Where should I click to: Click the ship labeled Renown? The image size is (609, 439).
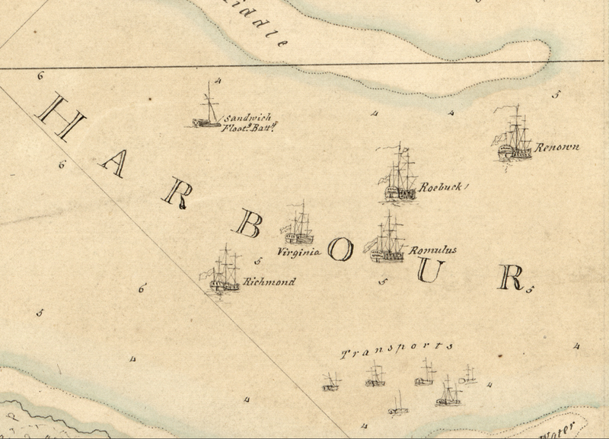(515, 137)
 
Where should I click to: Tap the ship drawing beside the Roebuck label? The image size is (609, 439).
(400, 177)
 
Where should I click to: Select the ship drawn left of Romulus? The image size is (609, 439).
(387, 240)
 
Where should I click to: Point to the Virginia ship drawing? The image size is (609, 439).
(298, 226)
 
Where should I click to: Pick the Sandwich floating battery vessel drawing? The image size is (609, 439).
(207, 110)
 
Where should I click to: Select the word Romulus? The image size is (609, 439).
(432, 250)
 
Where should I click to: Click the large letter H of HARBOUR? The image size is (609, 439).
(60, 117)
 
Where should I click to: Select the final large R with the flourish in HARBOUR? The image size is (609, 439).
(512, 278)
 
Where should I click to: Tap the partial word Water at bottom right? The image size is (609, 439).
(560, 431)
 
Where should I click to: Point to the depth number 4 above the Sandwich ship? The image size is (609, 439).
(218, 80)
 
